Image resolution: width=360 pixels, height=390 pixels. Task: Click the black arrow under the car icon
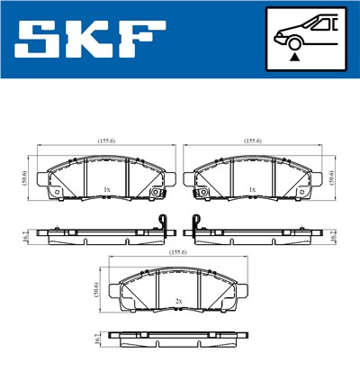292,57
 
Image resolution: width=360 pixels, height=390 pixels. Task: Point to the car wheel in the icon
292,40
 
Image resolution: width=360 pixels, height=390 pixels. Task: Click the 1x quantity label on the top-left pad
106,189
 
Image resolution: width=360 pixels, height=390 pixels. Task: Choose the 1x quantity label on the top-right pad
253,189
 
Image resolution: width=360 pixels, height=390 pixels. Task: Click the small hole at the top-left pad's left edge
55,191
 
